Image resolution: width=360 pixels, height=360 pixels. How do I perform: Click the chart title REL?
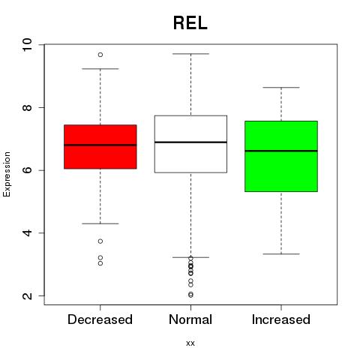(190, 23)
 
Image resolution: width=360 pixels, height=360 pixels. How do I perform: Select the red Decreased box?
(100, 147)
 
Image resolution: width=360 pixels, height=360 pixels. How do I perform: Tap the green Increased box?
(281, 156)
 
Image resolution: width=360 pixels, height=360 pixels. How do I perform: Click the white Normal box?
(190, 144)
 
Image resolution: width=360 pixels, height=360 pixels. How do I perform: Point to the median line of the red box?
(100, 145)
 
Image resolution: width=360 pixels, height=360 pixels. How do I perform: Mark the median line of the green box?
(281, 151)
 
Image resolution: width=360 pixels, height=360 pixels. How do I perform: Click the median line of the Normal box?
(190, 142)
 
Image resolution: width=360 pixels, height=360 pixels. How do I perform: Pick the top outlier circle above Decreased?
(100, 55)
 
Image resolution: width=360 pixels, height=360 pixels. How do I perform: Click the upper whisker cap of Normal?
(190, 54)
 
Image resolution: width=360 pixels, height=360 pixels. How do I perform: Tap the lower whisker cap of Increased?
(281, 254)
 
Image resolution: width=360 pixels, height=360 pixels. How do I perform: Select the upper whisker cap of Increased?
(281, 88)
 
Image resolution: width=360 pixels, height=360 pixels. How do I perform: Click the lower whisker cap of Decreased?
(100, 223)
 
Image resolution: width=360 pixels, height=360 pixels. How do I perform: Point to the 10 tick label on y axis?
(27, 45)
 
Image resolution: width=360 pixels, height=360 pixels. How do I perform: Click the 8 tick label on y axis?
(27, 107)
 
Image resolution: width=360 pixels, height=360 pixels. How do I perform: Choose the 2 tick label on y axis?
(27, 295)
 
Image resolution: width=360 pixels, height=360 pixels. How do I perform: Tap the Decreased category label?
(100, 319)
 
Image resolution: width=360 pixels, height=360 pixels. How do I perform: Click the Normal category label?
(190, 319)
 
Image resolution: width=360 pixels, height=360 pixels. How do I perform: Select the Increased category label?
(281, 319)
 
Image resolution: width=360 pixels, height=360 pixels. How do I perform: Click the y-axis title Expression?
(7, 174)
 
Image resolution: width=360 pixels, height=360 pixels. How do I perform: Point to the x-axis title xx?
(190, 343)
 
